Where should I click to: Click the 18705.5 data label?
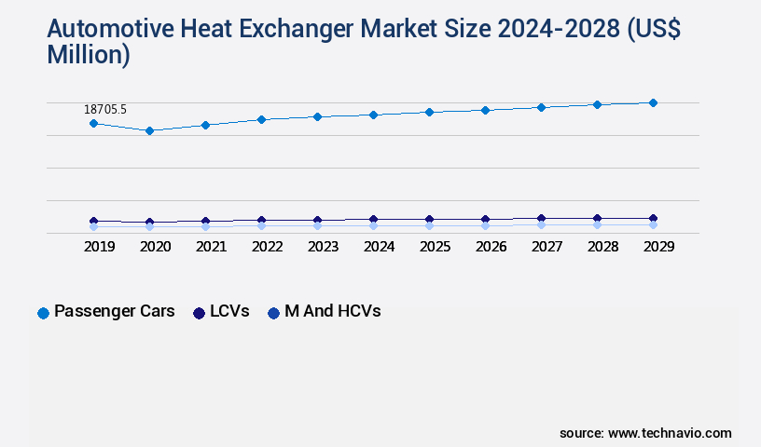tap(105, 109)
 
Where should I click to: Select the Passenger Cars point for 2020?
tap(149, 130)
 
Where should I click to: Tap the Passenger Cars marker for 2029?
tap(653, 102)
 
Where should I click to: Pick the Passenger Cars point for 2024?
tap(373, 115)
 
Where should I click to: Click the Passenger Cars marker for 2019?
tap(93, 123)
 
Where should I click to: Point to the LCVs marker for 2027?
tap(541, 219)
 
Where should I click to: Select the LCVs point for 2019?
tap(93, 222)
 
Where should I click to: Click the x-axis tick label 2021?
tap(211, 247)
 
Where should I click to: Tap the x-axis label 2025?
tap(435, 247)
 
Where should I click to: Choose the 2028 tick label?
tap(602, 247)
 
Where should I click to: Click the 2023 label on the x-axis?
tap(323, 247)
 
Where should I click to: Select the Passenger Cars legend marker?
tap(43, 313)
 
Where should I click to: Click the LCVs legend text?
tap(229, 312)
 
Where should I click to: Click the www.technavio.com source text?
tap(670, 433)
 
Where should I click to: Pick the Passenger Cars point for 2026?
tap(485, 110)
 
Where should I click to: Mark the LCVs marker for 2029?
tap(653, 219)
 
